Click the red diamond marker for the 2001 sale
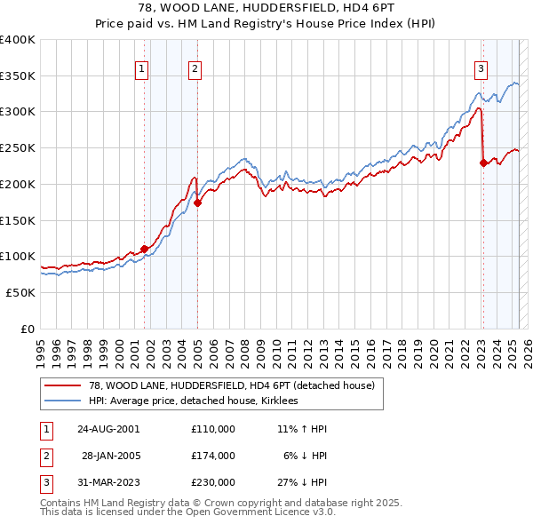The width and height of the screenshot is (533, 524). (144, 249)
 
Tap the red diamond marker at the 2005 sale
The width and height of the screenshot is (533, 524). (197, 202)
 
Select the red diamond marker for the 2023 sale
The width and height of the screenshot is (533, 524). (483, 163)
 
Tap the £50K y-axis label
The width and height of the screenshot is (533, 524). (21, 292)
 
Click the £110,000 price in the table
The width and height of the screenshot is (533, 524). (212, 428)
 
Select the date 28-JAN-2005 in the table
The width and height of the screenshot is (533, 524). (110, 455)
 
